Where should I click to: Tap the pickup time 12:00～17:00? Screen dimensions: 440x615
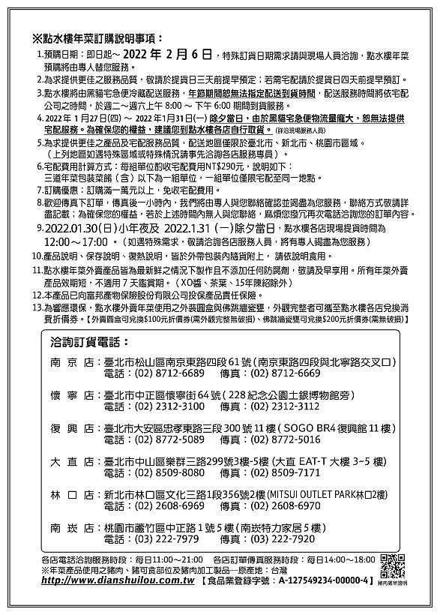point(81,242)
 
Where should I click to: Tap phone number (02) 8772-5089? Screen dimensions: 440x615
point(169,439)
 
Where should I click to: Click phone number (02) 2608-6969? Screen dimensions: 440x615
point(169,505)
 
